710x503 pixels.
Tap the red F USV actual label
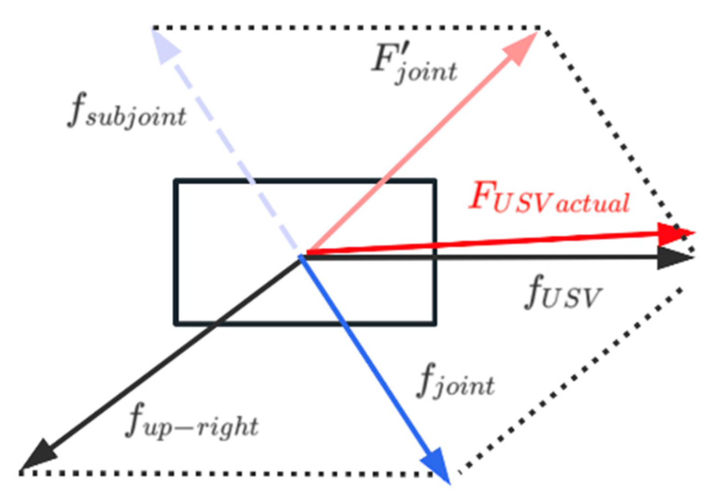(550, 198)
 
